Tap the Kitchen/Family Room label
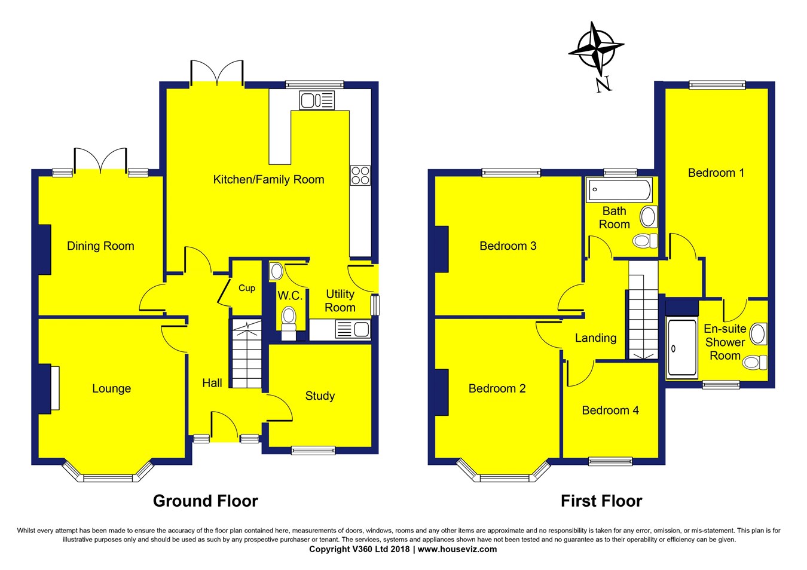269,179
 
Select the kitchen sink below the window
317,100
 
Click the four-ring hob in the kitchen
360,175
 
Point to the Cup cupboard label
247,288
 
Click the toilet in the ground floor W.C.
288,323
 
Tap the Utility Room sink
353,329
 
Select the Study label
320,396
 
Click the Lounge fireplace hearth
55,387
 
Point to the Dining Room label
100,246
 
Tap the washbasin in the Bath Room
649,217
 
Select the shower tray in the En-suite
681,348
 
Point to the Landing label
595,338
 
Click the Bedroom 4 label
610,410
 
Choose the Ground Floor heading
206,501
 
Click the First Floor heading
601,501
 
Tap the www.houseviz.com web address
457,549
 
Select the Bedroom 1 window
717,84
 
